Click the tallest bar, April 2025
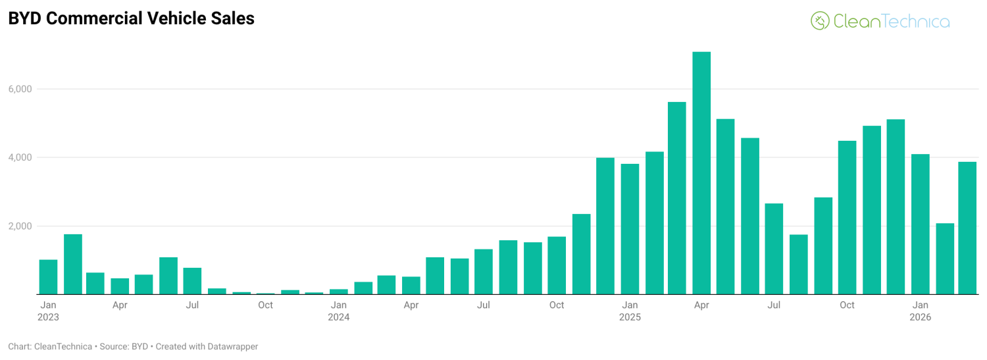click(x=701, y=173)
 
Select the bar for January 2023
click(x=48, y=277)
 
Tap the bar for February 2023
click(x=73, y=265)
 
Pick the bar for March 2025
click(x=677, y=198)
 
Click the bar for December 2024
click(x=605, y=226)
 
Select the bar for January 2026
click(x=920, y=224)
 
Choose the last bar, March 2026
click(x=967, y=228)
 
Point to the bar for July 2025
click(x=774, y=249)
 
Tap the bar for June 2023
click(x=168, y=276)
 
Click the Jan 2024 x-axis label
click(x=339, y=311)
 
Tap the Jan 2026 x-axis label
click(x=920, y=311)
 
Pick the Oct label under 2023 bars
click(x=265, y=305)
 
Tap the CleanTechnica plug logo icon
click(x=820, y=21)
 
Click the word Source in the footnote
click(x=114, y=346)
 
